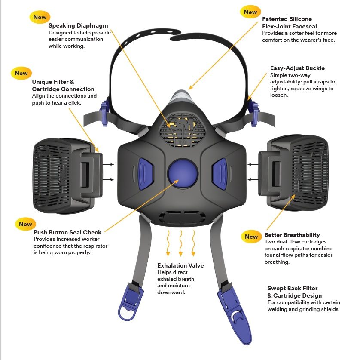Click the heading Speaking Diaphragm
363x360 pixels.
pyautogui.click(x=78, y=25)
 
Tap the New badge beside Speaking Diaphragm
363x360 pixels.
pyautogui.click(x=40, y=17)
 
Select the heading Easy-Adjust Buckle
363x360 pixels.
pyautogui.click(x=297, y=68)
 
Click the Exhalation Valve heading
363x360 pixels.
pyautogui.click(x=180, y=265)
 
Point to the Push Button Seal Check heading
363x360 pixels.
pyautogui.click(x=67, y=232)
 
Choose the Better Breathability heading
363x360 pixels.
pyautogui.click(x=292, y=235)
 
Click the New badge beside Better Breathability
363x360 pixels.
pyautogui.click(x=251, y=237)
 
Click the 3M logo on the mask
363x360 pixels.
pyautogui.click(x=183, y=126)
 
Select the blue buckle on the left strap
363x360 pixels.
pyautogui.click(x=104, y=114)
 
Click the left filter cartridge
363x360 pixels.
pyautogui.click(x=68, y=176)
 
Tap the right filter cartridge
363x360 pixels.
pyautogui.click(x=293, y=173)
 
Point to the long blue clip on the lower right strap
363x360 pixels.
pyautogui.click(x=235, y=316)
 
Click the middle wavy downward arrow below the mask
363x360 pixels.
pyautogui.click(x=181, y=243)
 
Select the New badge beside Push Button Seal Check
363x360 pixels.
pyautogui.click(x=25, y=224)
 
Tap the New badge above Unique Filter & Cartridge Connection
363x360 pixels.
pyautogui.click(x=21, y=73)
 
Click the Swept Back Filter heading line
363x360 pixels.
pyautogui.click(x=293, y=288)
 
